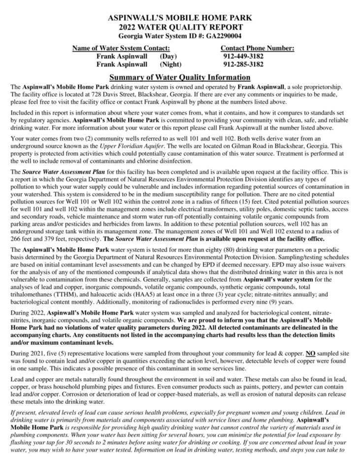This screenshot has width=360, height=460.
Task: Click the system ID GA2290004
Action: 223,35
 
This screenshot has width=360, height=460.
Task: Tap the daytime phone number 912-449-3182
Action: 243,56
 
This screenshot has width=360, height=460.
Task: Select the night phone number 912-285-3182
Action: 243,64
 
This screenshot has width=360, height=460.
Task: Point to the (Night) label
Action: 170,64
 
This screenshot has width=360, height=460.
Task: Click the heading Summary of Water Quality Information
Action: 180,77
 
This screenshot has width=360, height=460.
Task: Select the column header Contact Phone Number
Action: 257,48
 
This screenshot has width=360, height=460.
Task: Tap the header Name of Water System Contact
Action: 121,48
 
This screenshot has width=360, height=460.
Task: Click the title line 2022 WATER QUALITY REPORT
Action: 180,27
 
